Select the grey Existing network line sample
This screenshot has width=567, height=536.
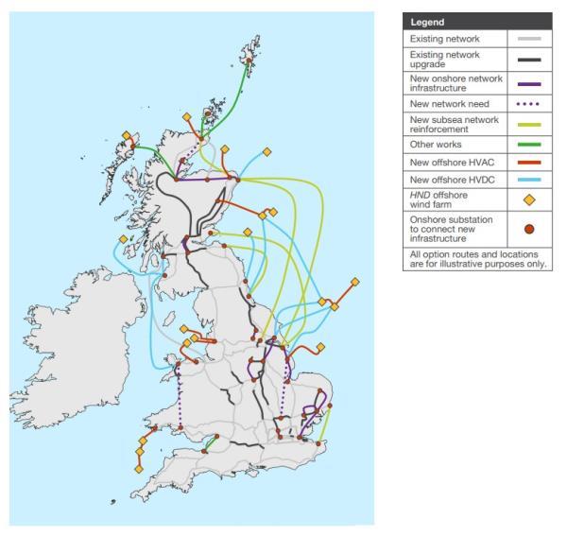[x=530, y=40]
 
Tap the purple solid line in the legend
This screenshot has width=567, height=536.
[x=530, y=83]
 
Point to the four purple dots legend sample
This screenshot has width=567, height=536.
[x=530, y=102]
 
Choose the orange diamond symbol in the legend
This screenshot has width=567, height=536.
[x=530, y=199]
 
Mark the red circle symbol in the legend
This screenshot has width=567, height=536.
[x=530, y=229]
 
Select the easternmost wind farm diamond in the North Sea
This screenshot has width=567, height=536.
[x=355, y=282]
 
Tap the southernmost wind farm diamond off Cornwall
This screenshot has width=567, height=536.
[x=139, y=468]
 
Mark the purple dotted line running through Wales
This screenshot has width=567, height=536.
[x=180, y=397]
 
